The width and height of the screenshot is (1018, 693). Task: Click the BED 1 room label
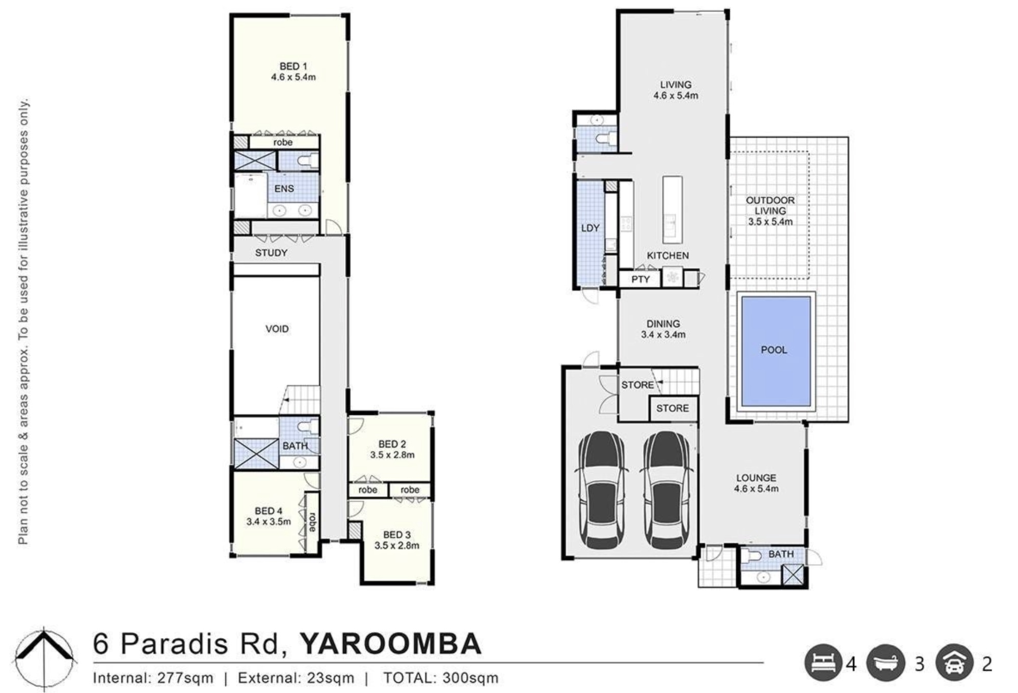293,72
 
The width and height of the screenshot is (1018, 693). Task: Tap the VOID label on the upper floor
277,329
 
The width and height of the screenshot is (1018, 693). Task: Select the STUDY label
271,253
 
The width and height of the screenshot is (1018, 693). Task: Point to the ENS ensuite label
284,189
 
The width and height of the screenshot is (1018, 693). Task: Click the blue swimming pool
775,351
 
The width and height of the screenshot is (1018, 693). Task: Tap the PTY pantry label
640,279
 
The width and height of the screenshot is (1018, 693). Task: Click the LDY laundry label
590,228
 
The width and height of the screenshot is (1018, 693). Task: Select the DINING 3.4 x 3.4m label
663,329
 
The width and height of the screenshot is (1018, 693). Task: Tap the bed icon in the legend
823,663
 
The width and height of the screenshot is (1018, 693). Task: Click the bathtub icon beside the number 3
886,663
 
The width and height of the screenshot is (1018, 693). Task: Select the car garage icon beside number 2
954,663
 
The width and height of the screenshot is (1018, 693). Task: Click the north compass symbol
45,659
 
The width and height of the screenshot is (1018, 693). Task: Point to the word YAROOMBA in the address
390,644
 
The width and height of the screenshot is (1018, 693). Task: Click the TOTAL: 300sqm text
441,678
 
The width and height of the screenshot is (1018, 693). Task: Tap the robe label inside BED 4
312,522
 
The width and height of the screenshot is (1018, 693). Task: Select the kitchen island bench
672,210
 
